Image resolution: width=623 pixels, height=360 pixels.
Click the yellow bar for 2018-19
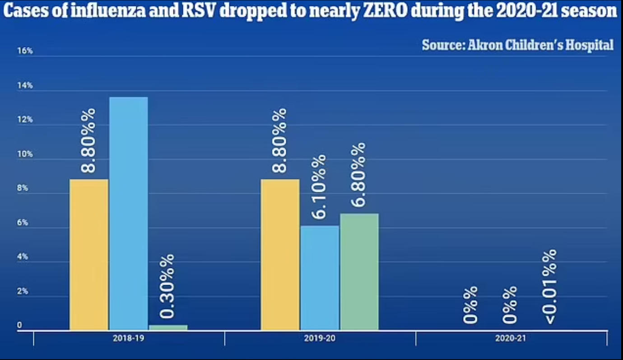pyautogui.click(x=89, y=255)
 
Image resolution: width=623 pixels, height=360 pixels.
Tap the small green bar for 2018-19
pyautogui.click(x=167, y=328)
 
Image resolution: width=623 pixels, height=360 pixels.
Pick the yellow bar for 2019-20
pyautogui.click(x=280, y=255)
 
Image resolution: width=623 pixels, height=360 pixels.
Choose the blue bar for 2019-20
pyautogui.click(x=320, y=278)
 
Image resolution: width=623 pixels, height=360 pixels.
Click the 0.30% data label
pyautogui.click(x=167, y=286)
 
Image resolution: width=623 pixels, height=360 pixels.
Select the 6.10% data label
pyautogui.click(x=319, y=187)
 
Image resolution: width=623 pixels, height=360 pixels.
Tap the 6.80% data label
pyautogui.click(x=359, y=175)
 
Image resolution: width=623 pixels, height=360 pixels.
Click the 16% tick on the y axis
pyautogui.click(x=25, y=51)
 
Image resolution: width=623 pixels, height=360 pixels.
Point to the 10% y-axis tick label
pyautogui.click(x=25, y=154)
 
